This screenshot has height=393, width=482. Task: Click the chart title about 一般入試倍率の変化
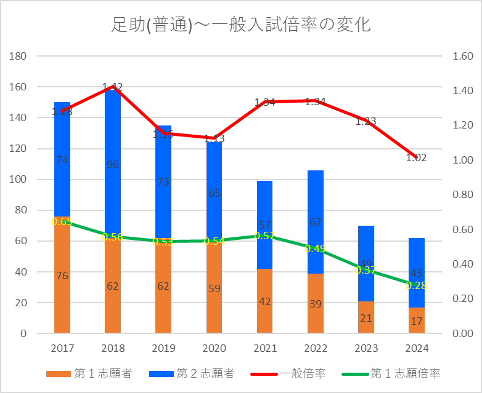tap(240, 25)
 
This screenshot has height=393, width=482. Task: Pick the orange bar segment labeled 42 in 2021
tap(264, 301)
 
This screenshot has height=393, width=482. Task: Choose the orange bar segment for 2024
tap(417, 320)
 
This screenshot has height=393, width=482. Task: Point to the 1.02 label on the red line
tap(417, 157)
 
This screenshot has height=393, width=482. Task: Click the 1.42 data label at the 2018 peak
tap(113, 87)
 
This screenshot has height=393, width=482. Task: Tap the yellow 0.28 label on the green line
tap(417, 285)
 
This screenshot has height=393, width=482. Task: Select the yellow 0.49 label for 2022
tap(315, 249)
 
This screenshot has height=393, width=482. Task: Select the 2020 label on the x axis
tap(214, 348)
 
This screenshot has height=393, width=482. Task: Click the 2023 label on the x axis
tap(366, 348)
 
